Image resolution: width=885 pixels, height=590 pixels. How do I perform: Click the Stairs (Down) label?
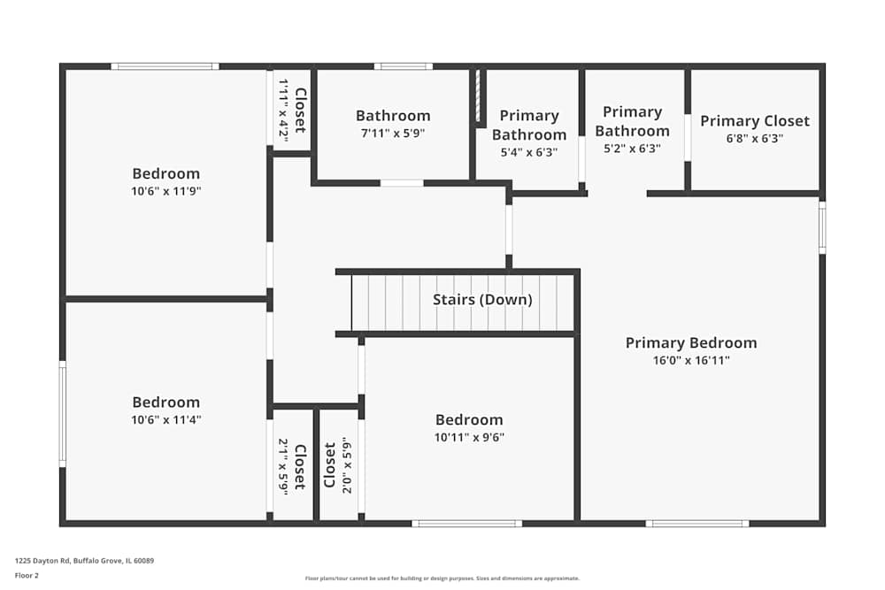(482, 300)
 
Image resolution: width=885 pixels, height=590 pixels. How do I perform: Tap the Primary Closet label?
(754, 121)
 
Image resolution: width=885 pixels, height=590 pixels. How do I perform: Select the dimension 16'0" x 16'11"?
(690, 360)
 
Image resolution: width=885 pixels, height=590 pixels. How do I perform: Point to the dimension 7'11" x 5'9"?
(393, 133)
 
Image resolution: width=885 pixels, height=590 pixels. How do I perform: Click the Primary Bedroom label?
(690, 342)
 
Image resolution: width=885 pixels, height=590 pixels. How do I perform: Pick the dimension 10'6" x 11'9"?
(165, 190)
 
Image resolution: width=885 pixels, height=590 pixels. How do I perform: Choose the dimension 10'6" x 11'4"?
(165, 419)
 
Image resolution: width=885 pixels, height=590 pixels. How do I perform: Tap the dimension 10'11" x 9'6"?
(469, 437)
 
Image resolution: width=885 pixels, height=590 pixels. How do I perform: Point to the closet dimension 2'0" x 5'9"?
(346, 464)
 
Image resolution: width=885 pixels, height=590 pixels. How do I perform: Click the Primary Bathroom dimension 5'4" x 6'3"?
(529, 151)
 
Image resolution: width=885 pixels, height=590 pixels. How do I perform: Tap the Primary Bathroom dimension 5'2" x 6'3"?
(632, 149)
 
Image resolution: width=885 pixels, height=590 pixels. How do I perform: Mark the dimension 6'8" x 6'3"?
(754, 138)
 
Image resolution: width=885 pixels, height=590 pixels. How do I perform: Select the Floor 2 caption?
(27, 575)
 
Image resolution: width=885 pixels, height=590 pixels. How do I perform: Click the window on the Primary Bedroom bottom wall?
(698, 524)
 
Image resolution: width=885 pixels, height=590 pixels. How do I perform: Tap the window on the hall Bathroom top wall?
(403, 66)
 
